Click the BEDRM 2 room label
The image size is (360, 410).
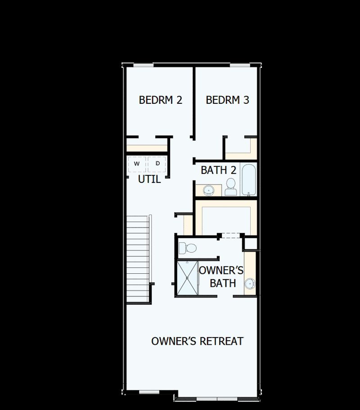[x=160, y=100]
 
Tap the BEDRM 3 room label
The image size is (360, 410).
[x=227, y=100]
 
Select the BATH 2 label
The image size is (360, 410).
[x=219, y=170]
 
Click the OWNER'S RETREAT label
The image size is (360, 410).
[x=197, y=341]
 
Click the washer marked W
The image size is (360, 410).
[x=136, y=164]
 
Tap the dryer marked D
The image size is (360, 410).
[x=157, y=164]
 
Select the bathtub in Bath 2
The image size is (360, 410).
[x=248, y=180]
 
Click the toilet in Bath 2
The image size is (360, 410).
[x=231, y=187]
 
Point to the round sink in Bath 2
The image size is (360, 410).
[x=209, y=191]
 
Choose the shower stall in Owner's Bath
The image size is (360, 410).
[x=187, y=277]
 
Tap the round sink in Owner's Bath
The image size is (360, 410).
[x=250, y=284]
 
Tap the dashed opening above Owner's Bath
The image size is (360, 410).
[x=230, y=235]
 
